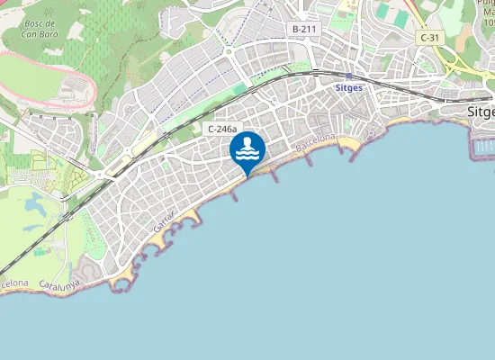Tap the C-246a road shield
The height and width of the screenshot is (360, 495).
221,130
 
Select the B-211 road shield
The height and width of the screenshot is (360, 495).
304,30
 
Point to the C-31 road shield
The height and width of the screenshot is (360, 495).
428,37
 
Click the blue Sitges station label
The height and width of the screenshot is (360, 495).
348,88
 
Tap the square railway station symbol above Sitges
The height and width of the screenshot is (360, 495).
348,77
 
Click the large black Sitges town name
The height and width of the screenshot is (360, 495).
481,112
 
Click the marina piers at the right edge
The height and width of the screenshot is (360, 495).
484,145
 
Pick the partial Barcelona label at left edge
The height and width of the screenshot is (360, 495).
14,283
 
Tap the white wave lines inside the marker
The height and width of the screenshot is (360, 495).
247,156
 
